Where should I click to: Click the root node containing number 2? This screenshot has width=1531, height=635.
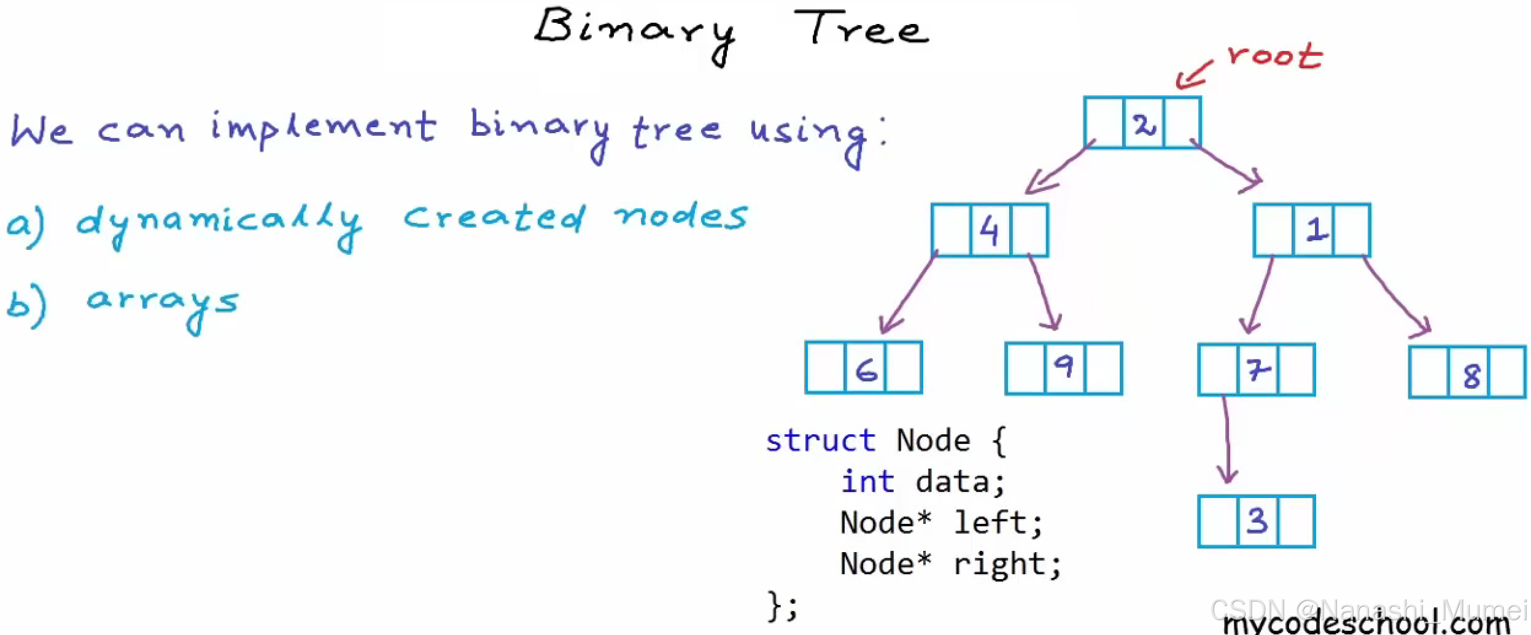(1142, 123)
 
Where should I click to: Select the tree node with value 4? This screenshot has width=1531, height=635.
(990, 230)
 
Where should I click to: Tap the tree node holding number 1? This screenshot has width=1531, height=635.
(1312, 230)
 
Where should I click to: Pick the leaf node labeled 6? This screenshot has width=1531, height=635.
(864, 368)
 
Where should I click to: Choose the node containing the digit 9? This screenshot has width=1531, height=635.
(1064, 368)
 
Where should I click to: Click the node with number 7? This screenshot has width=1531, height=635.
(1257, 370)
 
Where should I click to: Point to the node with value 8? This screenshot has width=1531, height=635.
(1468, 373)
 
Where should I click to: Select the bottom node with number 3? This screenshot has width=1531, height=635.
(1257, 521)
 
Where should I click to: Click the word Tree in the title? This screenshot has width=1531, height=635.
(861, 28)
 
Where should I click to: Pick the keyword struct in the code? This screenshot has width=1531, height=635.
(820, 441)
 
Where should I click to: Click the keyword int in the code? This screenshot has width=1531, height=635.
(867, 481)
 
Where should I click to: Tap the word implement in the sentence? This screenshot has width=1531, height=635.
(323, 127)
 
